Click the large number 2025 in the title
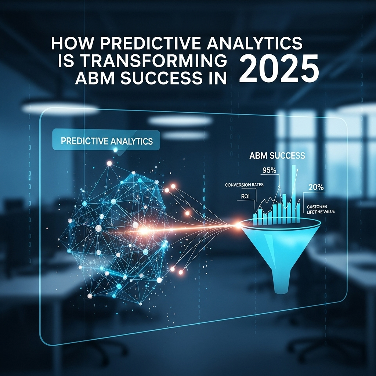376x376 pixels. pos(279,69)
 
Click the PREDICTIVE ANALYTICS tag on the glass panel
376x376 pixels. pos(106,141)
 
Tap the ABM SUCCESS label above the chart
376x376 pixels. pos(277,156)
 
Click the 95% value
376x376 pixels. pos(269,170)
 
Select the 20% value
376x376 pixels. pos(316,187)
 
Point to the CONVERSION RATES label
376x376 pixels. pos(244,185)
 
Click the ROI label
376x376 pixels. pos(245,196)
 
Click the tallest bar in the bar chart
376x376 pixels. pos(294,194)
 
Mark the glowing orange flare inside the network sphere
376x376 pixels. pos(144,231)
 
